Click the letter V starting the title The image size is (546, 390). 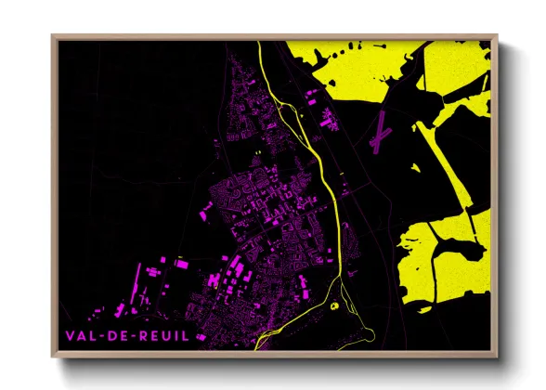click(x=69, y=334)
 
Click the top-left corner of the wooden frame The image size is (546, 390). click(x=53, y=37)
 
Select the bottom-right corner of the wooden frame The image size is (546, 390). click(x=497, y=356)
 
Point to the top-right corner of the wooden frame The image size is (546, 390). click(x=497, y=37)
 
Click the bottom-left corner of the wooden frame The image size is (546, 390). click(x=53, y=356)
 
